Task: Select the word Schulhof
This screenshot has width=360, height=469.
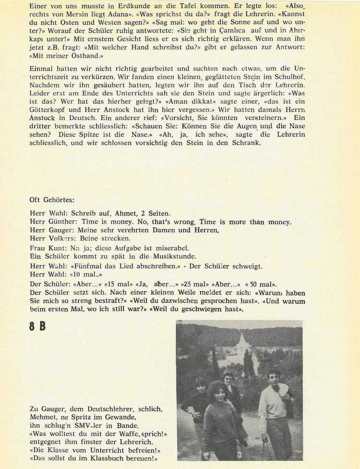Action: pos(304,77)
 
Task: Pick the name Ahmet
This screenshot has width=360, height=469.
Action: pos(127,213)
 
